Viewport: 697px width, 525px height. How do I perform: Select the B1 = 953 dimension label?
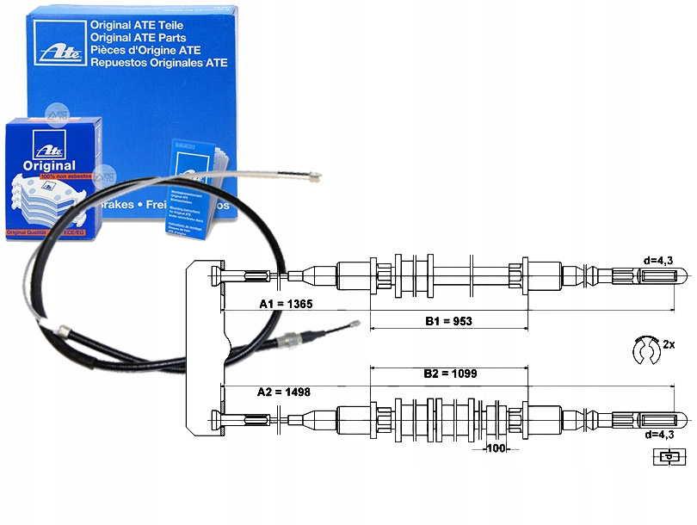(448, 321)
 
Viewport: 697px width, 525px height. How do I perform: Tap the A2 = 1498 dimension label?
(284, 392)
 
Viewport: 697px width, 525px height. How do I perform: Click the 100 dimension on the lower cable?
(494, 448)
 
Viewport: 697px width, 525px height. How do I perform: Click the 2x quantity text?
(668, 344)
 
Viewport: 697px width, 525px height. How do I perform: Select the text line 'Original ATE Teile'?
(145, 26)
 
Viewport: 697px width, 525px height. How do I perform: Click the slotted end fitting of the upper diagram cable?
(663, 275)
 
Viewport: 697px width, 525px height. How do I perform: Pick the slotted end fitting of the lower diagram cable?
(663, 418)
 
